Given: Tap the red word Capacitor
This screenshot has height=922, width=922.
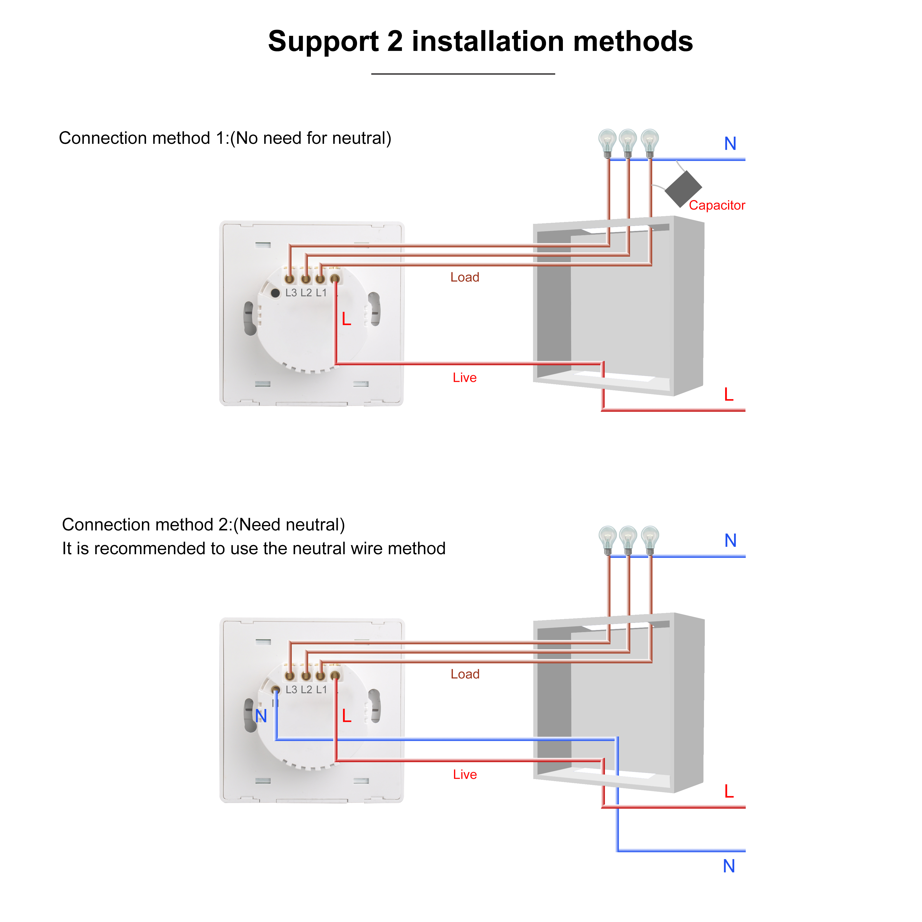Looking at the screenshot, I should click(716, 205).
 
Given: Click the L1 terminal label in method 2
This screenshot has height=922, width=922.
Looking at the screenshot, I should click(321, 690).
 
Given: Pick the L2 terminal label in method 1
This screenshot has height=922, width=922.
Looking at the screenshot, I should click(306, 293).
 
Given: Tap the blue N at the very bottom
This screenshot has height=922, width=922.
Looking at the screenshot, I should click(729, 866).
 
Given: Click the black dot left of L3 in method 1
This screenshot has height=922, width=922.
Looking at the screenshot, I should click(275, 293).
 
